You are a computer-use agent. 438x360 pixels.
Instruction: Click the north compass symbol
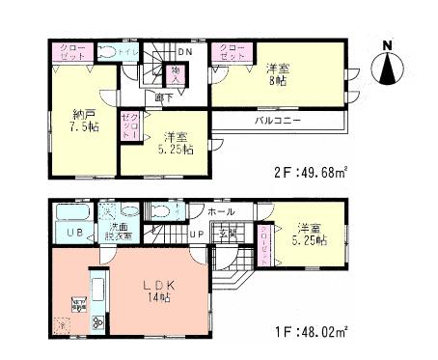[x=388, y=65]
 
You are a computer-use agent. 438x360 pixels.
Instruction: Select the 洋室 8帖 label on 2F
[x=277, y=74]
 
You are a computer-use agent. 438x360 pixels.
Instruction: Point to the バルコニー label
[x=277, y=122]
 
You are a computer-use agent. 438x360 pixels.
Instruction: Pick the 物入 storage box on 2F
[x=177, y=72]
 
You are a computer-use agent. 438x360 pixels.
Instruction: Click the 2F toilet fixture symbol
[x=108, y=53]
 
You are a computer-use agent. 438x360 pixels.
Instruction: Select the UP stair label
[x=196, y=235]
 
